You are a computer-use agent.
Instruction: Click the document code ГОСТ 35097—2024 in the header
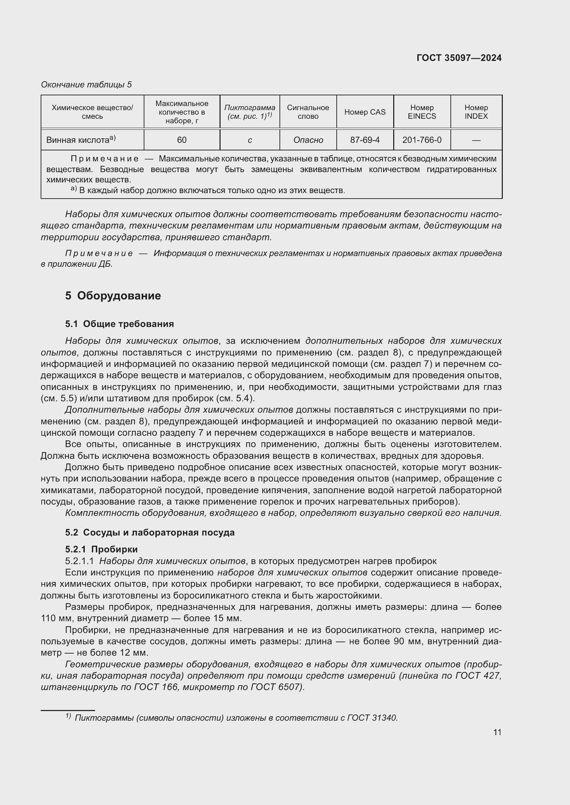459,58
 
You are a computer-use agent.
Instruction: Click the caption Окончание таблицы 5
86,85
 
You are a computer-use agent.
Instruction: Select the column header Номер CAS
365,112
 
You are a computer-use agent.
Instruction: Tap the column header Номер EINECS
421,112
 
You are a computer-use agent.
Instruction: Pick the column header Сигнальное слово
308,112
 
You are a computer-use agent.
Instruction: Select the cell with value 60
182,140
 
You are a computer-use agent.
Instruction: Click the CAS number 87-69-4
365,140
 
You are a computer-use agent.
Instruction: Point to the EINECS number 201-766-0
421,140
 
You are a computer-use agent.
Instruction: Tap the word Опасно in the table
308,140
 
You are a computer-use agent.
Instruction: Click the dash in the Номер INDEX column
476,140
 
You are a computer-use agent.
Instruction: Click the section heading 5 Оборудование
113,296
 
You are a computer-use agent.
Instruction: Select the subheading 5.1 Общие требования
119,324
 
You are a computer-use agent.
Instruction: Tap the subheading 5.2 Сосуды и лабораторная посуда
150,532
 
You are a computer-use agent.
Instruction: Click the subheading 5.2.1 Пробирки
101,549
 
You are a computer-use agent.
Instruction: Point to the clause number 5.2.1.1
79,561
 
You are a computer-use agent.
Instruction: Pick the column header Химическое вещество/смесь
92,112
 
